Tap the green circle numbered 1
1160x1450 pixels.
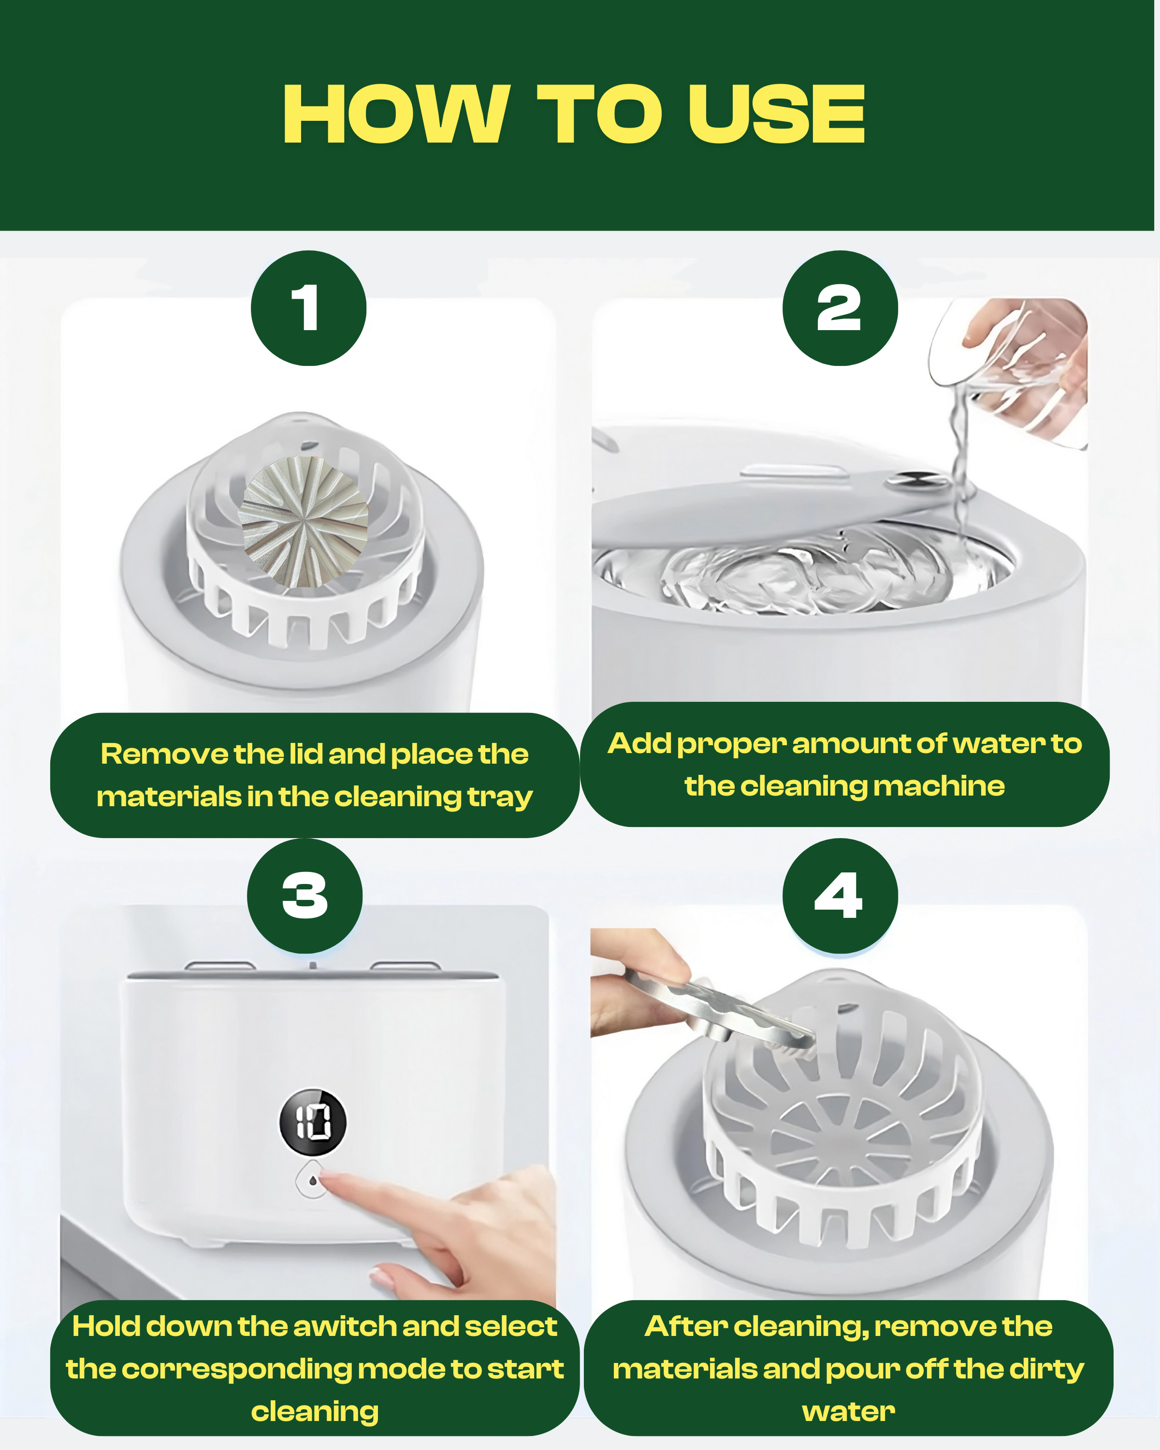point(309,308)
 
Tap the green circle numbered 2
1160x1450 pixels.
point(840,308)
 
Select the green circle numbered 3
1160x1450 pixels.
point(304,895)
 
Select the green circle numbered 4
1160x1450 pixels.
point(840,895)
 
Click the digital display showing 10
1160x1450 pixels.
point(313,1122)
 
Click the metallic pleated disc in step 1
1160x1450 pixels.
point(304,521)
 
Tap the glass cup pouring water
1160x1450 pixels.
point(1009,370)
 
